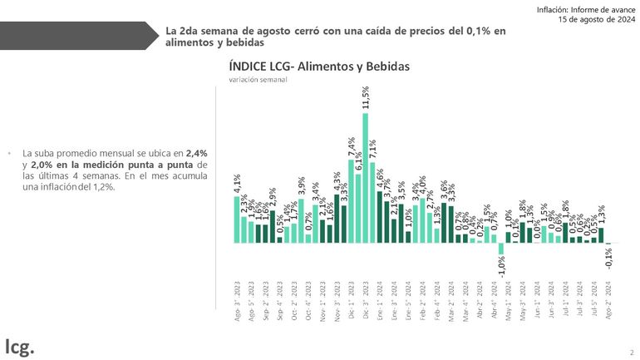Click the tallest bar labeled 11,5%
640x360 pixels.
coord(366,178)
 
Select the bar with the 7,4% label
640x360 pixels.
coord(351,202)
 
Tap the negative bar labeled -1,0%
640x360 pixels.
coord(501,249)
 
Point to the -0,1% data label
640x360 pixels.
coord(609,258)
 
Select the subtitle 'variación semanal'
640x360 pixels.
coord(258,80)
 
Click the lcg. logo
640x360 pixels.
coord(20,344)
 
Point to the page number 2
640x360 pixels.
coord(631,352)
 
